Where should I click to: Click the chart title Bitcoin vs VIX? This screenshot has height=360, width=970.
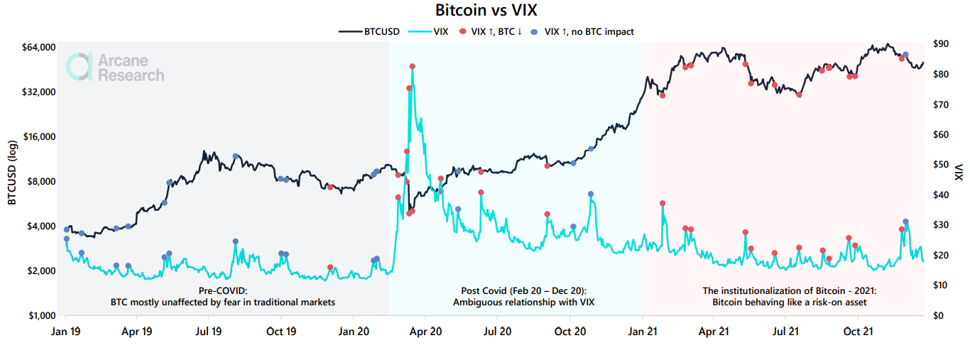pos(485,11)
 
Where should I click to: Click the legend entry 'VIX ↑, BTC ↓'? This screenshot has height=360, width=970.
pos(496,31)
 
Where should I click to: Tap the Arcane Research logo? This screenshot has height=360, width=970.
pos(115,67)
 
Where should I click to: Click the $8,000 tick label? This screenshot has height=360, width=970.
pos(39,182)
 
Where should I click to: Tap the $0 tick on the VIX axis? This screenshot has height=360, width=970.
pos(937,315)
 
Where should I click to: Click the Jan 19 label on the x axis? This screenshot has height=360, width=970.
pos(65,331)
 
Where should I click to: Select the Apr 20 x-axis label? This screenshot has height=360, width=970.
pos(426,331)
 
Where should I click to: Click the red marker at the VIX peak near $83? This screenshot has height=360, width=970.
pos(413,66)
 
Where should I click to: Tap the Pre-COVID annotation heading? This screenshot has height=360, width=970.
pos(222,291)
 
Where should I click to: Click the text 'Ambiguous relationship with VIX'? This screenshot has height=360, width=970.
pos(523,302)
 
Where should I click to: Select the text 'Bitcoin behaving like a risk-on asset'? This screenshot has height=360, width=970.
pos(789,302)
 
